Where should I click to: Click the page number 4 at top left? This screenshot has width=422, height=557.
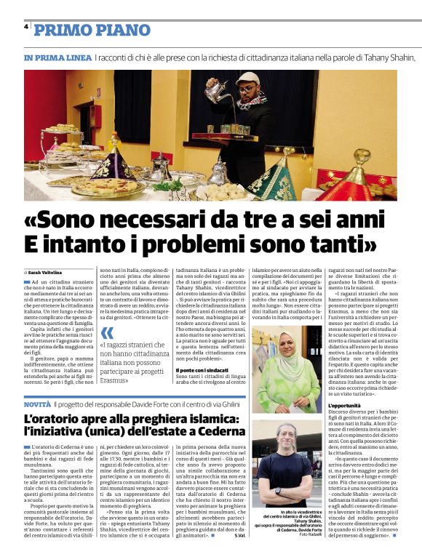point(26,26)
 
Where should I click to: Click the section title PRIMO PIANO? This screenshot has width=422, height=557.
point(92,30)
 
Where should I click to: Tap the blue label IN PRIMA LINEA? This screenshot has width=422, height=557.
point(57,57)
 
